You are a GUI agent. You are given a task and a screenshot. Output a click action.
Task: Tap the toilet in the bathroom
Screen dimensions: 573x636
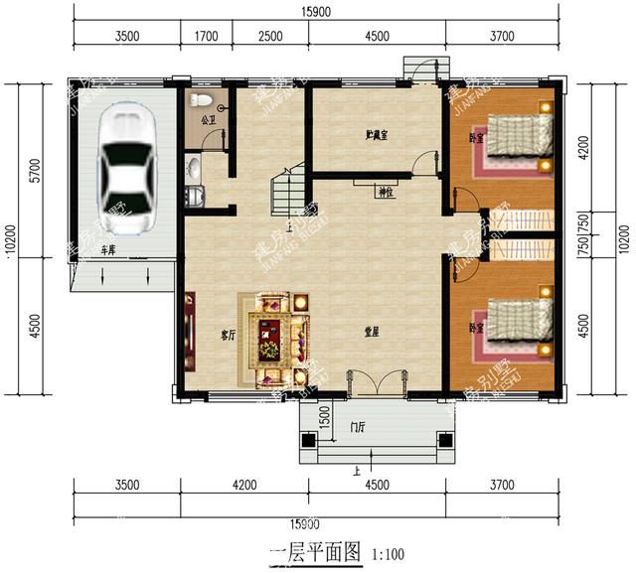click(x=202, y=100)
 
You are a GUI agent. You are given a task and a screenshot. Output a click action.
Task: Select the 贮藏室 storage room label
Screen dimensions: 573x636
click(x=376, y=134)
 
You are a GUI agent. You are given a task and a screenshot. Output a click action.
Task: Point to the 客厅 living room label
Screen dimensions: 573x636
click(x=228, y=336)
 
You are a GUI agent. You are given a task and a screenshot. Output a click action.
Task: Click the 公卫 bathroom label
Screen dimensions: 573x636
click(x=208, y=121)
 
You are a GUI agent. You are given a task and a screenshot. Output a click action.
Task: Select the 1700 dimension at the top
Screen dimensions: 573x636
click(x=206, y=37)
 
